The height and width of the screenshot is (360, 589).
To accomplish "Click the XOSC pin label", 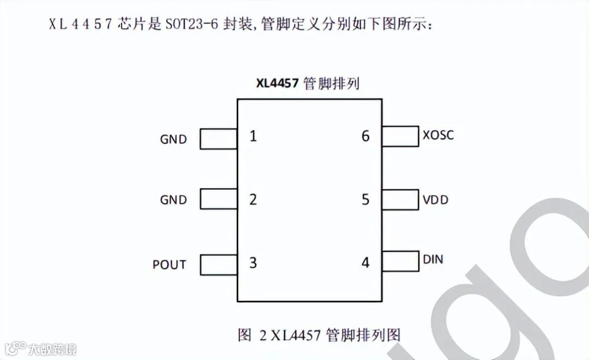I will coord(438,135).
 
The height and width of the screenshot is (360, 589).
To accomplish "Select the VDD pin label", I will coord(435,200).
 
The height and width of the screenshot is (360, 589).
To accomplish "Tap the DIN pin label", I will coord(433,259).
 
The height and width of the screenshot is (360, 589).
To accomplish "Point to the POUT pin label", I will coord(169,265).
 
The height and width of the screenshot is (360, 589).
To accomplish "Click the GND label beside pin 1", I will coord(173,139).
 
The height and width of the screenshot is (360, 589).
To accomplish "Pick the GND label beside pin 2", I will coord(173,200).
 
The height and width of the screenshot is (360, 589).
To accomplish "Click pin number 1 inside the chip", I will coord(253,136).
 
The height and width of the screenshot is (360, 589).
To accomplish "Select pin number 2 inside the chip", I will coord(253,200).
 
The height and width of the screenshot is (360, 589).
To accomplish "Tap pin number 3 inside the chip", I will coord(253,262).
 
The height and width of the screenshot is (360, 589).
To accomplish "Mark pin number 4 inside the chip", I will coord(365,263).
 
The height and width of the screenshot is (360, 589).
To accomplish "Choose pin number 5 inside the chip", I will coord(365,200).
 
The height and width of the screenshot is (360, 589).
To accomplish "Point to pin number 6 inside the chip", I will coord(365,136).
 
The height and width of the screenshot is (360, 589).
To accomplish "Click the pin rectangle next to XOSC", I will coord(400,136).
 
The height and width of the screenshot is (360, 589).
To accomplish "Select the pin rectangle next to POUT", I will coord(218,265).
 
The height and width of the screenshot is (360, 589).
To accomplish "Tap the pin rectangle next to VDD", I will coord(400,200).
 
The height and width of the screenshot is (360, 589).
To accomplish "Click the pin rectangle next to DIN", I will coord(400,261).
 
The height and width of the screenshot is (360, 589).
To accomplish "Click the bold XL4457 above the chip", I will coord(278,83).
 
